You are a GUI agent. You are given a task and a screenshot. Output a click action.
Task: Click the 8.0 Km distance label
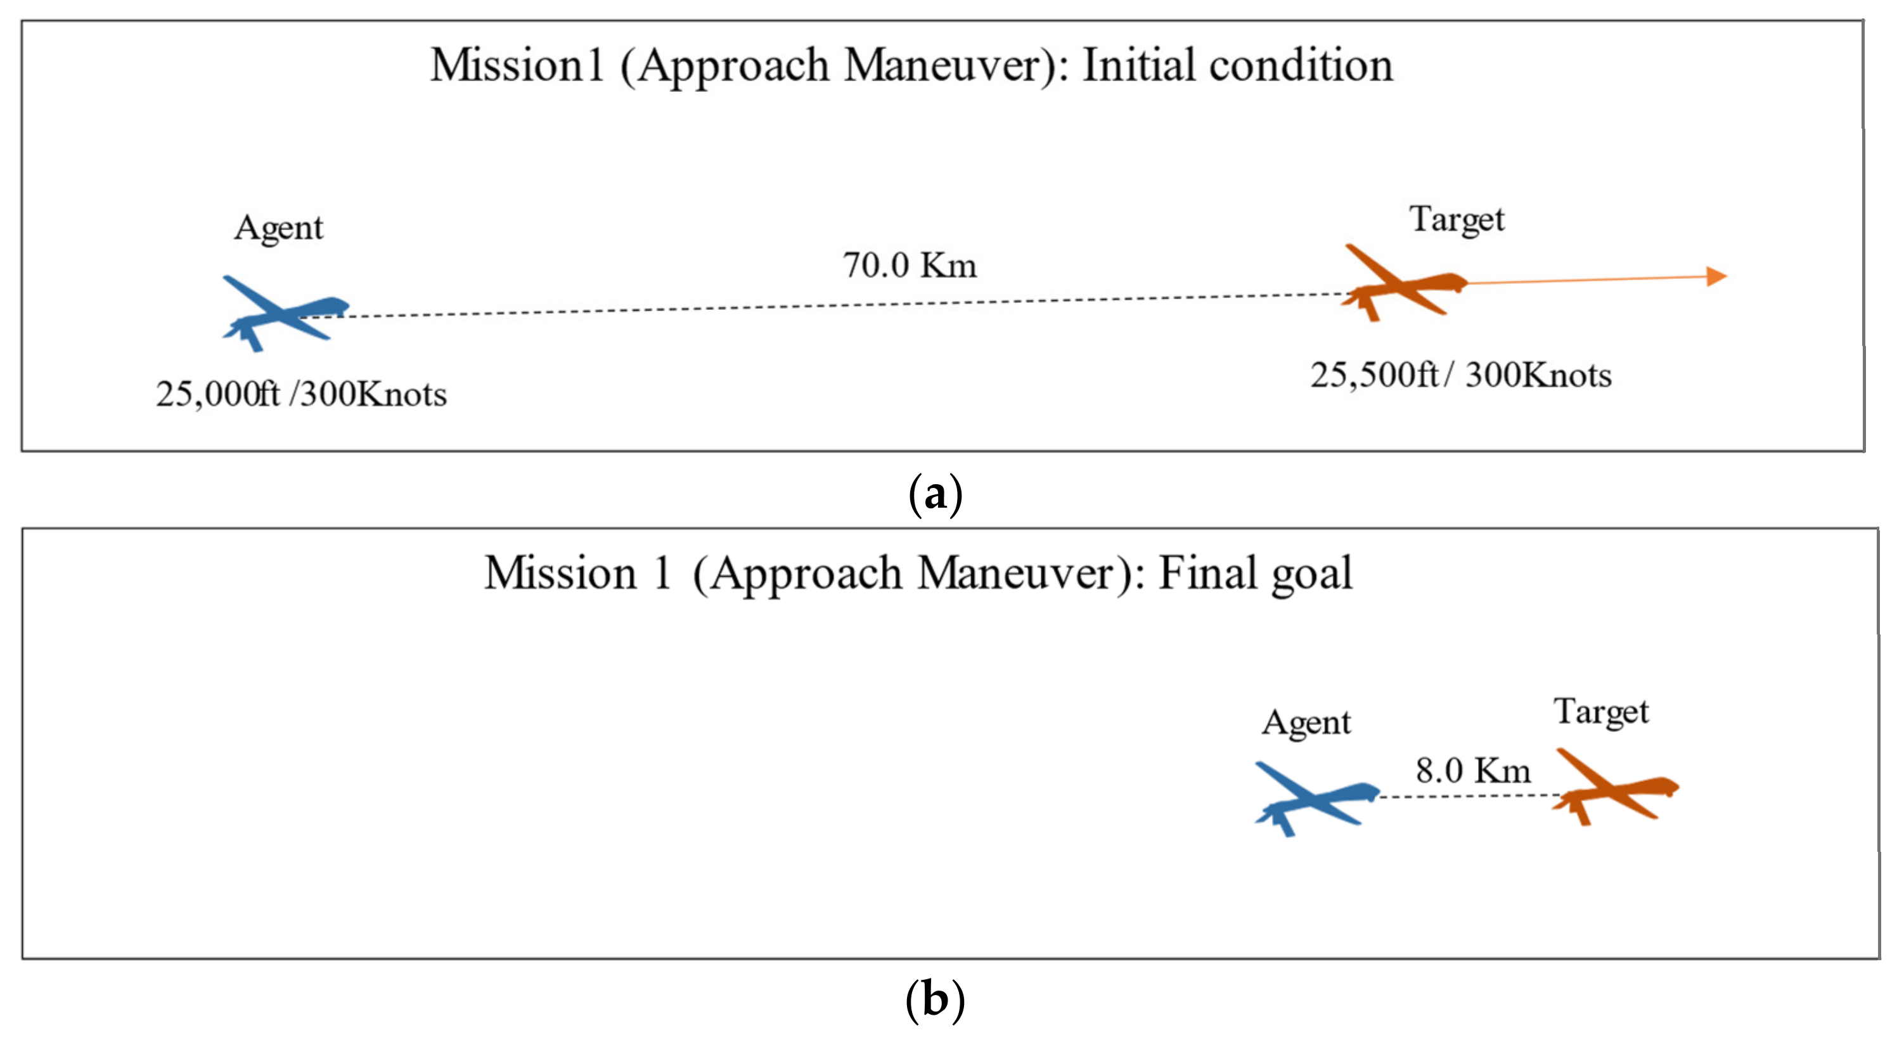click(x=1472, y=771)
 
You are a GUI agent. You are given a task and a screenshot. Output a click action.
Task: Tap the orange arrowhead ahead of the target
click(x=1716, y=276)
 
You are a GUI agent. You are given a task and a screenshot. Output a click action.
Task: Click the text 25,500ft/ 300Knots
click(x=1460, y=375)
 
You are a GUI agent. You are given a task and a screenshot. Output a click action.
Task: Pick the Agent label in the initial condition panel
click(x=279, y=228)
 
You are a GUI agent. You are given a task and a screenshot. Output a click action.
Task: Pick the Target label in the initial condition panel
click(x=1456, y=219)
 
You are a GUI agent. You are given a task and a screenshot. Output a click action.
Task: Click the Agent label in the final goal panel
click(x=1306, y=723)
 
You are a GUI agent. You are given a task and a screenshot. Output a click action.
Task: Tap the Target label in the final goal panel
click(x=1601, y=712)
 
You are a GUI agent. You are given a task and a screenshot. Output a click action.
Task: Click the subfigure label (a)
click(x=935, y=494)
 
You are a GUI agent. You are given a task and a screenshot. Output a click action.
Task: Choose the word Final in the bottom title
click(x=1207, y=573)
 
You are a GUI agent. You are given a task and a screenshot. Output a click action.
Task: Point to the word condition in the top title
click(x=1300, y=65)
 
